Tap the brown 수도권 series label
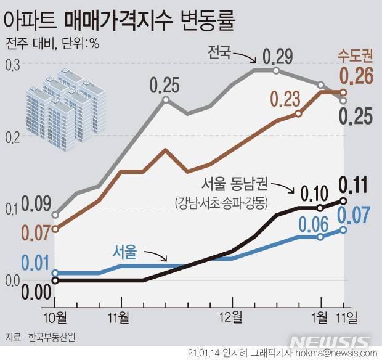coord(355,57)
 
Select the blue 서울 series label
coord(124,251)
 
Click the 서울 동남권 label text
coord(235,183)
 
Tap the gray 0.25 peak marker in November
coord(165,100)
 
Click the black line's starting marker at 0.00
coord(55,280)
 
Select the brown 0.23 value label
coord(284,99)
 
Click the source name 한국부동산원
coord(54,338)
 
